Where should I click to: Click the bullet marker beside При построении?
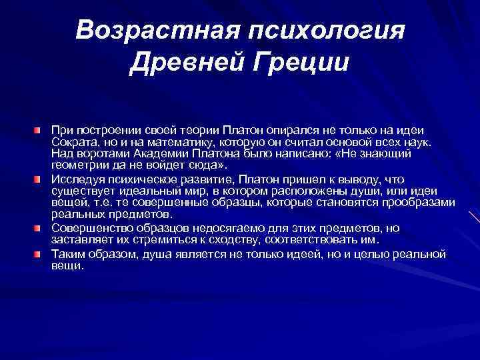point(43,129)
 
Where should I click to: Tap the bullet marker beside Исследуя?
point(43,180)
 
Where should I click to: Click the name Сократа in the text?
point(71,142)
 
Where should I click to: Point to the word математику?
point(160,142)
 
